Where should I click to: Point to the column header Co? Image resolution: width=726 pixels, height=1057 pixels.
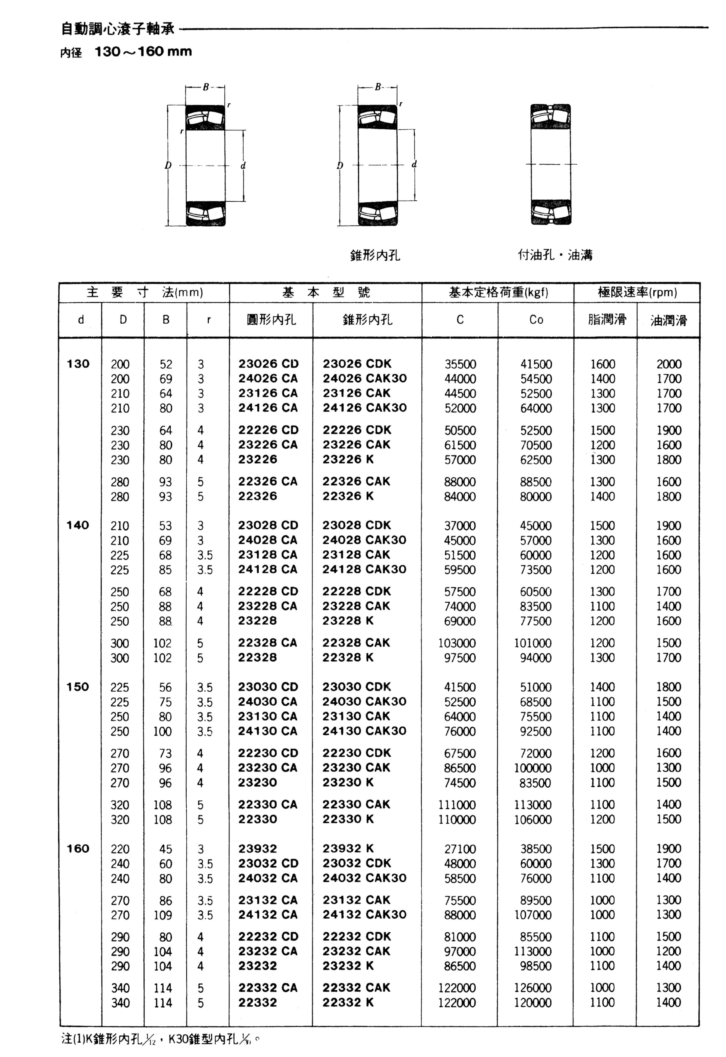point(536,320)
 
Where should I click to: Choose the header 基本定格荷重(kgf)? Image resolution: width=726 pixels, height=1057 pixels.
point(498,292)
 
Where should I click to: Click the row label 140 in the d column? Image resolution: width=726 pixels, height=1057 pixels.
point(78,525)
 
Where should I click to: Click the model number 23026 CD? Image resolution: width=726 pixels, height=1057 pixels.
point(268,364)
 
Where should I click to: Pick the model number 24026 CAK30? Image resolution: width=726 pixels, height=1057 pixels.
point(364,379)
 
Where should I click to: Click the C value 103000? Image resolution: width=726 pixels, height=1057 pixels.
point(457,643)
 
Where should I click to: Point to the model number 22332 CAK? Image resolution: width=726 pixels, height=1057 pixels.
point(356,988)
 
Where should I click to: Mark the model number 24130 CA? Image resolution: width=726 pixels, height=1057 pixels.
point(268,731)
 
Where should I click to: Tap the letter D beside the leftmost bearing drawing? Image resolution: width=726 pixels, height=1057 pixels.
point(168,165)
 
